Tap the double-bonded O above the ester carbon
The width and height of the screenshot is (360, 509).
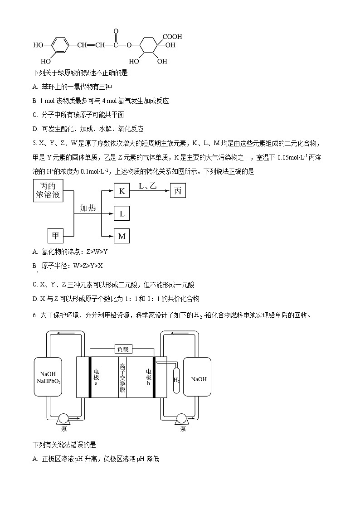[x=116, y=32]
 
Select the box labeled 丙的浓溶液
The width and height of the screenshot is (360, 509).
[x=48, y=190]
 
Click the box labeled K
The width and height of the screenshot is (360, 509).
[x=122, y=191]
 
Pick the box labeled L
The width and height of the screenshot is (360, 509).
[x=122, y=213]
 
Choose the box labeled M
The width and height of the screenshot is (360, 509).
[x=122, y=236]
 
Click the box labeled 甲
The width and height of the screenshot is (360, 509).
[x=55, y=236]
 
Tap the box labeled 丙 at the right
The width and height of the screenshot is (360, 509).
[x=178, y=191]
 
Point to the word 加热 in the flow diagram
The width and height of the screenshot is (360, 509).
[x=88, y=208]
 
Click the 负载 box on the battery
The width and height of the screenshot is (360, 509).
[x=123, y=349]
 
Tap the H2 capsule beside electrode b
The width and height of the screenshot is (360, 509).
[x=176, y=379]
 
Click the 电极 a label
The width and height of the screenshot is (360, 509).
[x=96, y=377]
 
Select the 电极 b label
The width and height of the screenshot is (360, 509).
[x=148, y=377]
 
